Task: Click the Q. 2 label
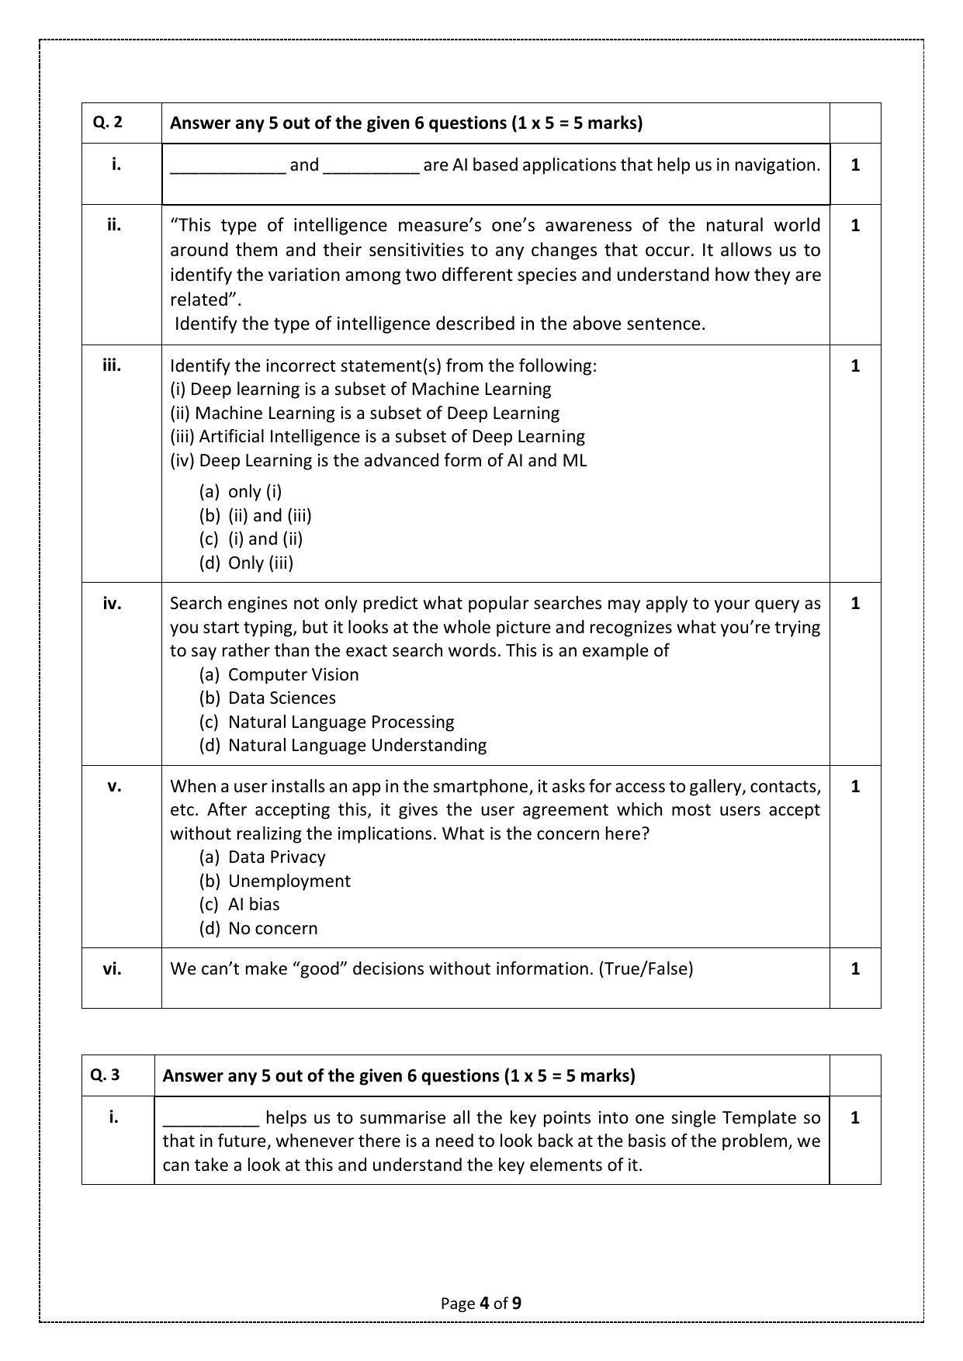point(108,123)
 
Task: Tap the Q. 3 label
point(105,1075)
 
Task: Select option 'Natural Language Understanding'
point(357,745)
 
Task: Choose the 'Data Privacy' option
point(276,857)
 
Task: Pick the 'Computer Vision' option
point(293,674)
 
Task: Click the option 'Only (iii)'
point(261,563)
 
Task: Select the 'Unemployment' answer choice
point(289,881)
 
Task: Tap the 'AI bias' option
point(254,904)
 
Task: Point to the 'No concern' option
point(272,928)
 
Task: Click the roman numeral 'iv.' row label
point(113,603)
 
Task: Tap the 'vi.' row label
point(113,968)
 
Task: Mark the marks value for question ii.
point(855,226)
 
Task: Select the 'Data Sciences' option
point(282,698)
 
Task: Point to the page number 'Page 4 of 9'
point(481,1303)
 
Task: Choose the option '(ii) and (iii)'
point(269,515)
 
